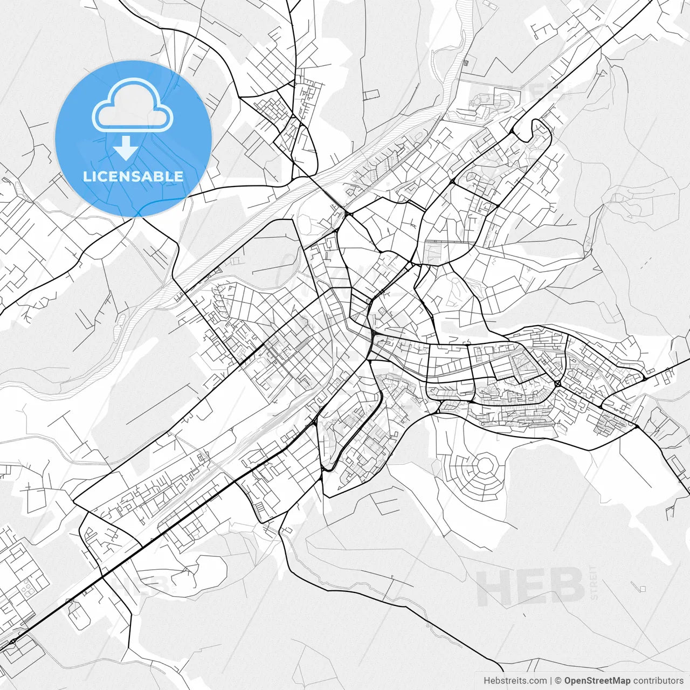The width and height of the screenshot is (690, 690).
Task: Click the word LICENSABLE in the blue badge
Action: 133,176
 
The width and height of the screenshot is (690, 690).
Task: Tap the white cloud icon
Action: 133,105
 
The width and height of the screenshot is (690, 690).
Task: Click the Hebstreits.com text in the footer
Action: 507,681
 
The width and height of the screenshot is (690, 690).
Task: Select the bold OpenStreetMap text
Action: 597,681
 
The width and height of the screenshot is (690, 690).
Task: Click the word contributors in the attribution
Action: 658,681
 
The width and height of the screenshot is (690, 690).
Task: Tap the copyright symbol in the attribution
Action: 558,681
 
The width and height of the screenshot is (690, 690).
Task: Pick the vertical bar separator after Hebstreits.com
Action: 550,681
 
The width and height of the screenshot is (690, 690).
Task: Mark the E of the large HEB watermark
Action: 530,587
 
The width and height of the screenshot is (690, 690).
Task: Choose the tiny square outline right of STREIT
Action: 643,589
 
